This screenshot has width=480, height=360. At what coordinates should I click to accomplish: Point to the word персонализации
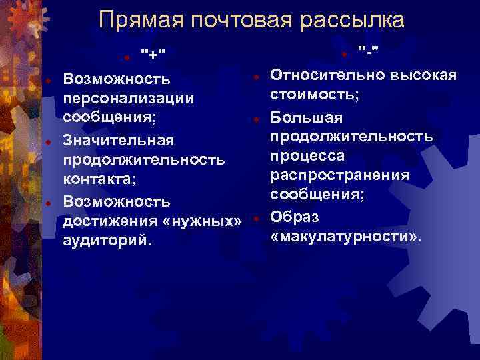point(129,98)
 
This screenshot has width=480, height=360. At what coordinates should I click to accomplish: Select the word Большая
point(307,118)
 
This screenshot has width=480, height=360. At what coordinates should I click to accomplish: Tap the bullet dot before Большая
point(256,119)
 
